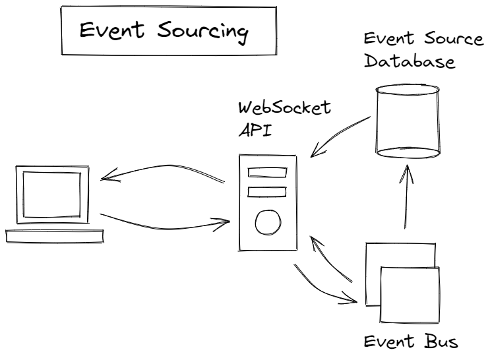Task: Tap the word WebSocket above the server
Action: tap(284, 108)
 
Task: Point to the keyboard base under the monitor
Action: tap(55, 235)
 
